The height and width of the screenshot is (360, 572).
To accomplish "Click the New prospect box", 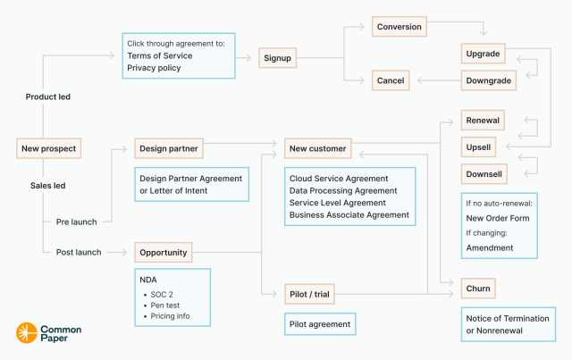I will pos(49,147).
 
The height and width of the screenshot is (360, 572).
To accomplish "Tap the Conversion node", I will pos(400,27).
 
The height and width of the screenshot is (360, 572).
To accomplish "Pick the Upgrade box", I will pos(484,54).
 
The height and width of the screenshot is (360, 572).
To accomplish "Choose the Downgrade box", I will pos(488,80).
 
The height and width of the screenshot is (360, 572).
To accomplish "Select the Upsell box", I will pos(479,147).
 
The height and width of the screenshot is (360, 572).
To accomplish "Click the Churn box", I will pos(478,289).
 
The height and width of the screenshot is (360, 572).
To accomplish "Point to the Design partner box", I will pos(168,147).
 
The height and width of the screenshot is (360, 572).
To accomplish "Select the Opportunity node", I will pos(164,252).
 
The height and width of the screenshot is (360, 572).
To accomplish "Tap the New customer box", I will pos(316,147).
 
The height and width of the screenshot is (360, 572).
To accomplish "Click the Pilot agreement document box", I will pos(319,324).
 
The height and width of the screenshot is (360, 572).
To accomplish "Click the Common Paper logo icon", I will pos(26,333).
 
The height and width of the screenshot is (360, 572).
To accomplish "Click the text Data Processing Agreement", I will pos(342,190).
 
